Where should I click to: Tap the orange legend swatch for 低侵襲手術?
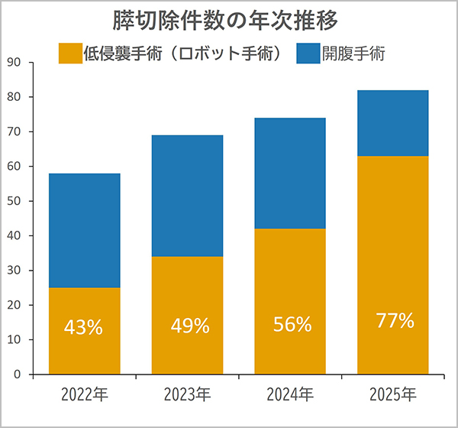click(71, 53)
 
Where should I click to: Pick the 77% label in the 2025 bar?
click(395, 321)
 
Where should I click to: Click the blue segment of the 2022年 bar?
click(84, 230)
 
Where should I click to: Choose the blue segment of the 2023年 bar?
click(187, 196)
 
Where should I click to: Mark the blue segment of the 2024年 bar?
click(290, 173)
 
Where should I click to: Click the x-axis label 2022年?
click(84, 395)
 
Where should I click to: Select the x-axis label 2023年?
click(187, 395)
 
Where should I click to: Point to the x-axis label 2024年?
click(290, 395)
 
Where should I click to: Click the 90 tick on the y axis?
click(15, 63)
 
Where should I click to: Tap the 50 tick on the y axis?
click(15, 201)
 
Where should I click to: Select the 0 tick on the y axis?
click(18, 374)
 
